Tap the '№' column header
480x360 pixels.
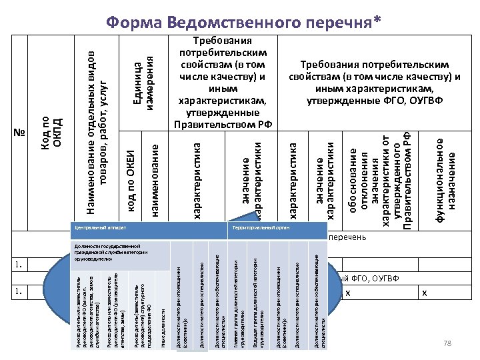point(18,133)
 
